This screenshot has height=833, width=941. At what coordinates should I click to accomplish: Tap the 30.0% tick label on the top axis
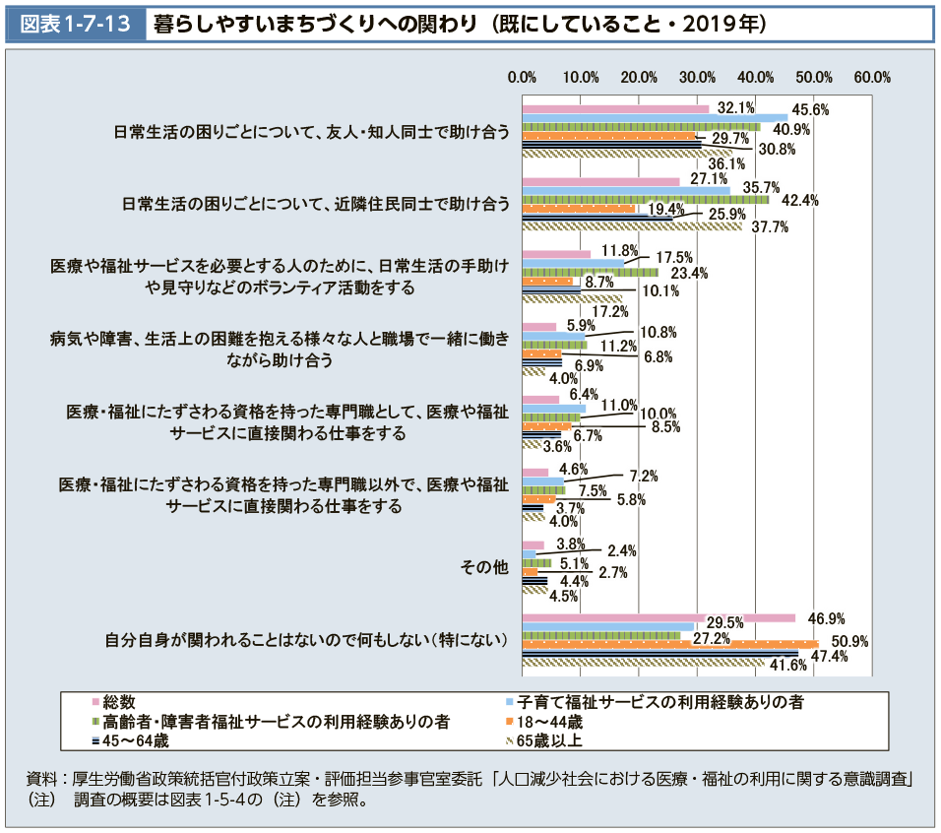tap(698, 77)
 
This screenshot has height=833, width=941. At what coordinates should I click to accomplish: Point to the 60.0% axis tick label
tap(872, 77)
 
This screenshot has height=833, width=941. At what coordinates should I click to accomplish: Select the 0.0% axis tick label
tap(522, 77)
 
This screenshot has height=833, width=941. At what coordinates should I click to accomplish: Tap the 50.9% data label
tap(851, 641)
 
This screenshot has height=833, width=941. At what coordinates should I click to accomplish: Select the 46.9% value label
tap(826, 618)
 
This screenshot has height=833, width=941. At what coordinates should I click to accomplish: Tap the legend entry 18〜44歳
tap(549, 721)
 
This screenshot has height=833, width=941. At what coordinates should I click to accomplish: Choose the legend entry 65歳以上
tap(549, 739)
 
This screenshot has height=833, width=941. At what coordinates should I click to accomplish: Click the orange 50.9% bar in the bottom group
tap(669, 644)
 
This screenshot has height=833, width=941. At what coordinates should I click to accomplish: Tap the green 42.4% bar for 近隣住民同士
tap(645, 199)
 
